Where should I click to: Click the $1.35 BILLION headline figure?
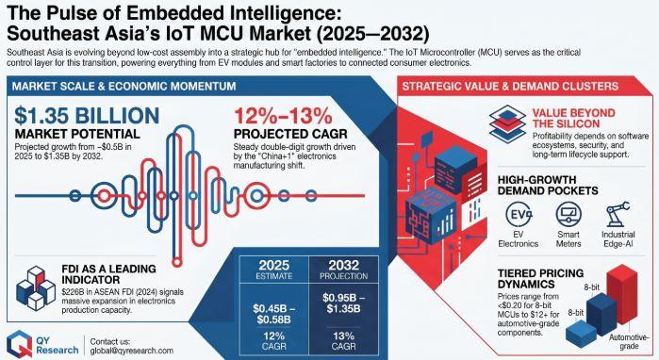pos(87,116)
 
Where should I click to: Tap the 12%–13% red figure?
pos(283,116)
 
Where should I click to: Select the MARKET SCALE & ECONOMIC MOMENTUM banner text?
pos(124,87)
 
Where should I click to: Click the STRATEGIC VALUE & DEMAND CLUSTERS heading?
pos(510,87)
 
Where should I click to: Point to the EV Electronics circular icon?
pos(519,214)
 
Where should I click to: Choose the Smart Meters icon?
pos(568,214)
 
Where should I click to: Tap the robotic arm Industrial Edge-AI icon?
pos(618,214)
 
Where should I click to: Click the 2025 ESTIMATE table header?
pos(274,270)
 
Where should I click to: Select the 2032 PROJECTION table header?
pos(344,270)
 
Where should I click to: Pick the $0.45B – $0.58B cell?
pos(274,314)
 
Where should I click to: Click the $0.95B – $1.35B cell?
pos(344,303)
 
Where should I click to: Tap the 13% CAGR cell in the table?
pos(344,341)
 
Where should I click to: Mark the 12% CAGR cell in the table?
pos(274,341)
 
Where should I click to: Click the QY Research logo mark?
pos(19,344)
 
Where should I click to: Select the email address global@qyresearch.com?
pos(132,351)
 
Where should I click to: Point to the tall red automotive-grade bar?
pos(621,294)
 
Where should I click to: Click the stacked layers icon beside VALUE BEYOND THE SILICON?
pos(507,123)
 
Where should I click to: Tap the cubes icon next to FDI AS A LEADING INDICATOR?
pos(36,288)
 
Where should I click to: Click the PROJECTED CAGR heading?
pos(290,134)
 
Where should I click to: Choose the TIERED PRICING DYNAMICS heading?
pos(540,279)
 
